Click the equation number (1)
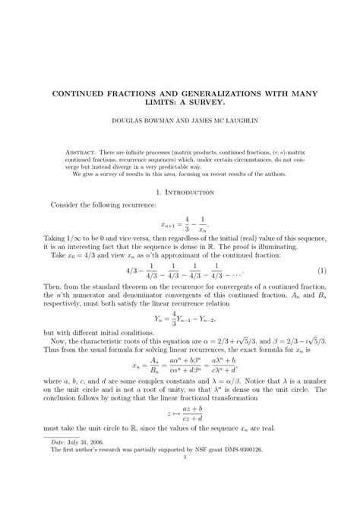coord(322,271)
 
